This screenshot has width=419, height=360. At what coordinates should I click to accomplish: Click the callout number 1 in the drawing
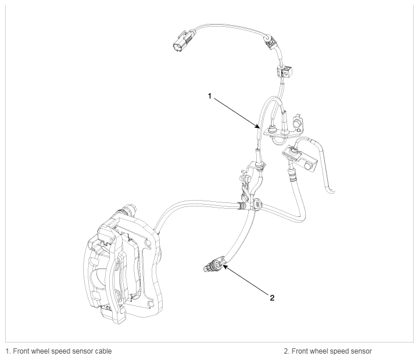[x=209, y=96]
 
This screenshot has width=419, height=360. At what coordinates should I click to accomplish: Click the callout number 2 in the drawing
[x=272, y=298]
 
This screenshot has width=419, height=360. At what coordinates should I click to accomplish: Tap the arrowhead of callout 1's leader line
[x=257, y=127]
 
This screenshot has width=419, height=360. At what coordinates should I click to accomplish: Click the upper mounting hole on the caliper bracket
[x=148, y=244]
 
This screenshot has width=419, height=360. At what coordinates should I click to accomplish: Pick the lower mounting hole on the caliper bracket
[x=151, y=304]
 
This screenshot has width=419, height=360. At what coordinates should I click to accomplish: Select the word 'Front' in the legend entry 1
[x=21, y=351]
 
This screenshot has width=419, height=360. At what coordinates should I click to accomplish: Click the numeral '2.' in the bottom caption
[x=287, y=351]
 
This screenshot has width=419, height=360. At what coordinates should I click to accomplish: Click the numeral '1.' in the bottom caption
[x=8, y=351]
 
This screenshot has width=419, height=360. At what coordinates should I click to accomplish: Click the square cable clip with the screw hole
[x=285, y=71]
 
